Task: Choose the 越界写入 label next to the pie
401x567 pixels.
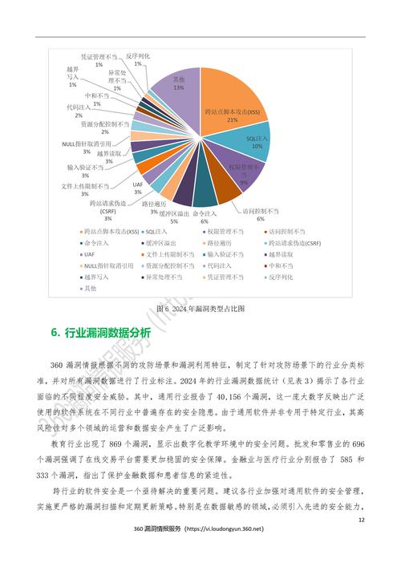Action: pyautogui.click(x=73, y=77)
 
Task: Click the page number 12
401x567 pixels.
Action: pyautogui.click(x=361, y=520)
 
